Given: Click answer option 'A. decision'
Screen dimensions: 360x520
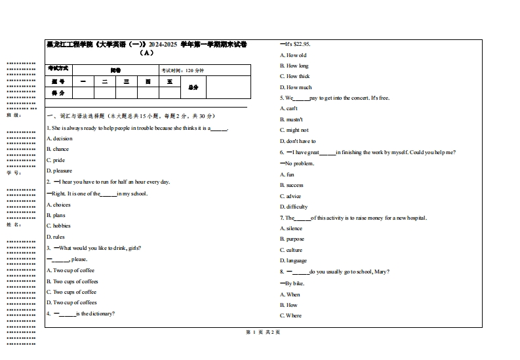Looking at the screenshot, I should pyautogui.click(x=60, y=138).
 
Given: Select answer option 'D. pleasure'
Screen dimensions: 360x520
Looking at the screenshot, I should pyautogui.click(x=59, y=170).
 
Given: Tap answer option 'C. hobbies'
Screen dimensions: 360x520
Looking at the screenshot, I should pyautogui.click(x=58, y=226).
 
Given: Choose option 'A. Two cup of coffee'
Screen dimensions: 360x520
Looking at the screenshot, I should pyautogui.click(x=70, y=270).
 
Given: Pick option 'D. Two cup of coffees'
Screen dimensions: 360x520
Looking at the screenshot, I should pyautogui.click(x=71, y=302).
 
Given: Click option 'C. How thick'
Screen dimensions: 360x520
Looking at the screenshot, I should pyautogui.click(x=294, y=76).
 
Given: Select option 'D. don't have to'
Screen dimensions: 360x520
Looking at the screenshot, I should pyautogui.click(x=298, y=141).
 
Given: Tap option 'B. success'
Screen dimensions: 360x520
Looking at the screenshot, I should pyautogui.click(x=292, y=185).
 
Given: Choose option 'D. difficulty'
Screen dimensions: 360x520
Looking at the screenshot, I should pyautogui.click(x=294, y=207).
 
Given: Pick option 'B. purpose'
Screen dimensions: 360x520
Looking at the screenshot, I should pyautogui.click(x=292, y=239).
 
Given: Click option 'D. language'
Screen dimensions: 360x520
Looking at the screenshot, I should pyautogui.click(x=293, y=260).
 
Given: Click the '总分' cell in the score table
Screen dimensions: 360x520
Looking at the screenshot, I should pyautogui.click(x=193, y=87).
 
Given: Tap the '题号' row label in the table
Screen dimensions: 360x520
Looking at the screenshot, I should pyautogui.click(x=58, y=81).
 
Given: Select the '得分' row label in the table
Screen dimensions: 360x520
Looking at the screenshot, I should pyautogui.click(x=58, y=93).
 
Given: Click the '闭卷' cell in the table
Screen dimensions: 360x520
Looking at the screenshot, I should pyautogui.click(x=115, y=70).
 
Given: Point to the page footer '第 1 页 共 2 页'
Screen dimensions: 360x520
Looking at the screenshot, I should pyautogui.click(x=262, y=332).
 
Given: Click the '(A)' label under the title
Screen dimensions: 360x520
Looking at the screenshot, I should pyautogui.click(x=147, y=53).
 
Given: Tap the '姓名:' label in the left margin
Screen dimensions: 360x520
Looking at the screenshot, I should pyautogui.click(x=14, y=224).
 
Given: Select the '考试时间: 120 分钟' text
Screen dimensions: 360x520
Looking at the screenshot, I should pyautogui.click(x=183, y=70).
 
